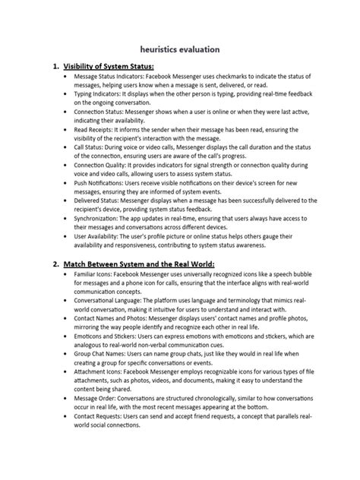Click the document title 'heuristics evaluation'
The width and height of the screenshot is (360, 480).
point(180,49)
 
